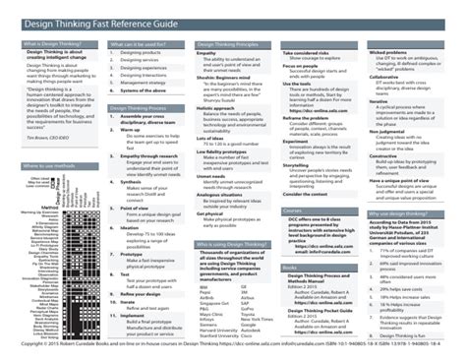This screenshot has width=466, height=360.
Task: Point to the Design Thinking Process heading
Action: click(x=139, y=109)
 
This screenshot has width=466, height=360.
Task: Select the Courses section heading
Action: click(x=292, y=210)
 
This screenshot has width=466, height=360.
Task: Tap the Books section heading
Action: click(x=290, y=267)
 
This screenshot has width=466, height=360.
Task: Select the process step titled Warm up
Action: click(x=131, y=129)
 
